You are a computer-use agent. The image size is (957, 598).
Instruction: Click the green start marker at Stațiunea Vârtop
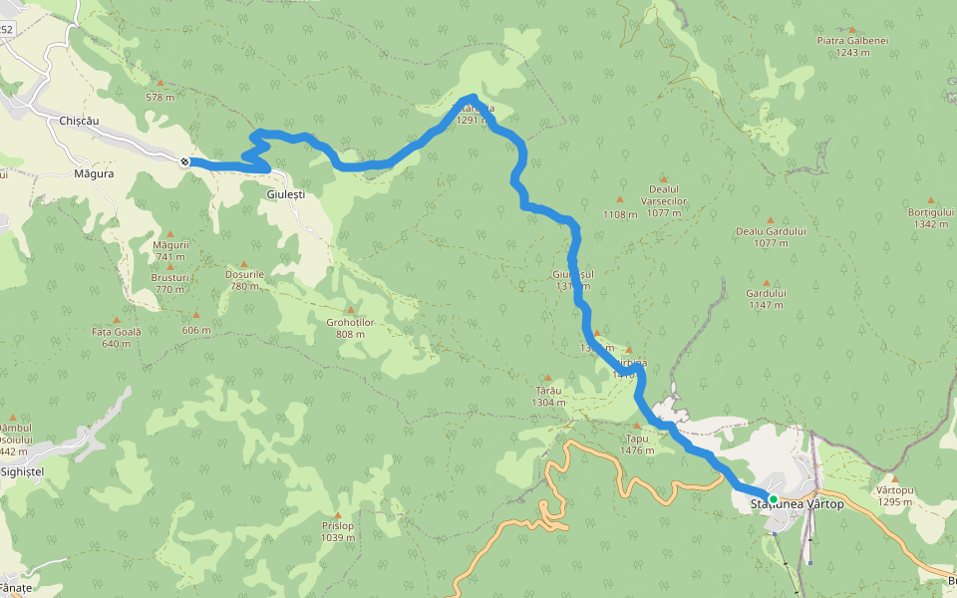pos(773,498)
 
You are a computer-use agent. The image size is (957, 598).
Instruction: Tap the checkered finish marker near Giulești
pos(185,161)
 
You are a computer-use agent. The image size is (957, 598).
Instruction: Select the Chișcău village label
pos(80,120)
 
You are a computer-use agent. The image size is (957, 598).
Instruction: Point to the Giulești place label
pos(286,194)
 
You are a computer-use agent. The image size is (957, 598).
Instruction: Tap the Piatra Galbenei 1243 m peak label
pos(852,46)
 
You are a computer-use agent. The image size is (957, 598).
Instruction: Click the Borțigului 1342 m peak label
pos(930,217)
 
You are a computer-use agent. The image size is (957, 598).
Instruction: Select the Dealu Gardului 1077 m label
pos(771,236)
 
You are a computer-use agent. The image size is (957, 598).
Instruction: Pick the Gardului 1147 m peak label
pos(766,298)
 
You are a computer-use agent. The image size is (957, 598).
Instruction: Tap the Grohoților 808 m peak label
pos(350,328)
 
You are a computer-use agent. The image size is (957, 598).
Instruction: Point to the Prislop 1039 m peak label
pos(338,531)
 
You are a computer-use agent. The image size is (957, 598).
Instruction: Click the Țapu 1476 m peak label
pos(637,444)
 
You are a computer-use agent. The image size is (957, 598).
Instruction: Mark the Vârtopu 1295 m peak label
pos(895,495)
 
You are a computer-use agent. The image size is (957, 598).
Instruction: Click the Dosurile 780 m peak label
pos(244,279)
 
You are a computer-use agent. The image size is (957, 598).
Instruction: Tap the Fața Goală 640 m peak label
pos(117,337)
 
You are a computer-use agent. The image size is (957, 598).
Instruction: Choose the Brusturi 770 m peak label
pos(169,282)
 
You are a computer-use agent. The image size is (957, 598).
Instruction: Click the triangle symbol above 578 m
pos(159,82)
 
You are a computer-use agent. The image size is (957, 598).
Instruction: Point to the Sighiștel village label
pos(22,470)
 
